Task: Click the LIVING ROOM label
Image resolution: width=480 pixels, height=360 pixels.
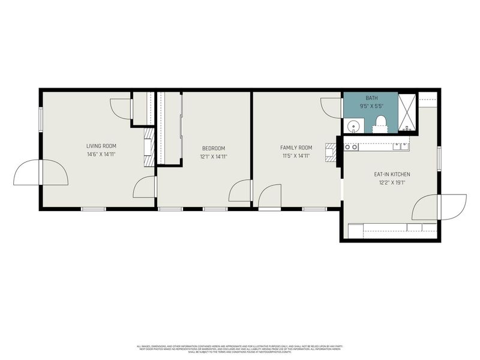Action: point(101,146)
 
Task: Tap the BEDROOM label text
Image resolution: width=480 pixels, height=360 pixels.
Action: point(213,148)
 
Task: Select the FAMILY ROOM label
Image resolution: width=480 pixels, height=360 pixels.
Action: point(296,148)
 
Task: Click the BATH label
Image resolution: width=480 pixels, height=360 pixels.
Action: point(371,98)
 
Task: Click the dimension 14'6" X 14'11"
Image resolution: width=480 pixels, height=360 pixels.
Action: point(101,154)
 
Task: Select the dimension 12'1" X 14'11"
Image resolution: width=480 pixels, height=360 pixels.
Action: point(213,157)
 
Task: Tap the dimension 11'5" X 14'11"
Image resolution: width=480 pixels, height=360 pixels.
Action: point(296,156)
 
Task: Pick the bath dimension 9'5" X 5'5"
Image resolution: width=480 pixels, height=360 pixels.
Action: point(371,106)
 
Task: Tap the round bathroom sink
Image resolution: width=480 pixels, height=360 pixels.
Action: point(353,127)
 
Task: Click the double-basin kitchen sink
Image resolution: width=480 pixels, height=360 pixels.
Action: point(402,145)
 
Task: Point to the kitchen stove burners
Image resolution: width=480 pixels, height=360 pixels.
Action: point(351,146)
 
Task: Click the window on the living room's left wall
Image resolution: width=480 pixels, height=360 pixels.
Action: point(40,118)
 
